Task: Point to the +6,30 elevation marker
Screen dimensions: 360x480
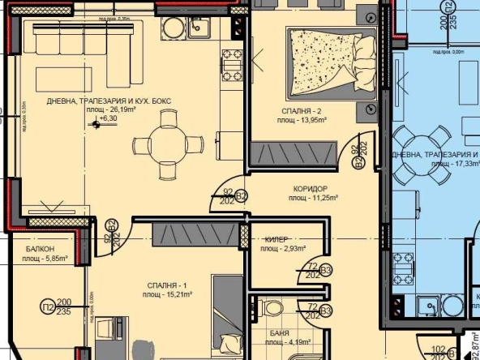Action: (105, 118)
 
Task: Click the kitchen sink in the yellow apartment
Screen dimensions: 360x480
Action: (199, 28)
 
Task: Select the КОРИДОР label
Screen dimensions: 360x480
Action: (315, 187)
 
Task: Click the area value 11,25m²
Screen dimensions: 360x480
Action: (315, 197)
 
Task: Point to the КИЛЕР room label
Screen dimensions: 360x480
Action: (278, 240)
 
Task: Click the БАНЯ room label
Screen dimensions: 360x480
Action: (280, 332)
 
